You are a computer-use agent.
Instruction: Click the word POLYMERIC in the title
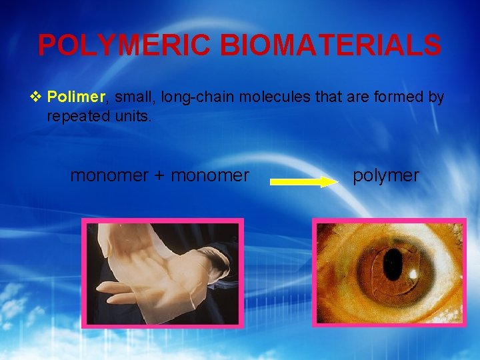pos(125,45)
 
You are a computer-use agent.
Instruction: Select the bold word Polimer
pos(76,97)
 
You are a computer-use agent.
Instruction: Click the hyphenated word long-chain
pos(195,97)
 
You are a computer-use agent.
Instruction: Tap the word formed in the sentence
pos(396,97)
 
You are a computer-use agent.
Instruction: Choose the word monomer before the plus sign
pos(111,175)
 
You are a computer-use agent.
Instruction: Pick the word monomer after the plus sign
pos(210,175)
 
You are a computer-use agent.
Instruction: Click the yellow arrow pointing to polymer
pos(304,181)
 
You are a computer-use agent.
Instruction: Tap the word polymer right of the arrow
pos(386,175)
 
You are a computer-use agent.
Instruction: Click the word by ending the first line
pos(436,97)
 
